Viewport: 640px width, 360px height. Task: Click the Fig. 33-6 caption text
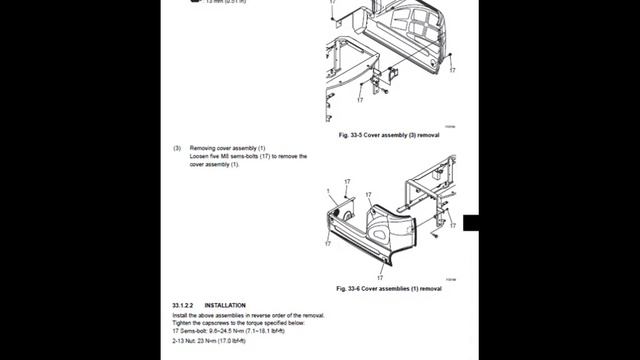pyautogui.click(x=388, y=288)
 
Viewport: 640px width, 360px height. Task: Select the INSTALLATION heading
pyautogui.click(x=225, y=305)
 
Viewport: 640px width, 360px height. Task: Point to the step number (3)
pyautogui.click(x=177, y=148)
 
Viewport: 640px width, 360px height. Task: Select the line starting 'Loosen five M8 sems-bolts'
pyautogui.click(x=248, y=156)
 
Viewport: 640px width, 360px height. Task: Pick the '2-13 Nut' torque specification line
pyautogui.click(x=214, y=342)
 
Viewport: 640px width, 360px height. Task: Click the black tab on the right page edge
pyautogui.click(x=470, y=222)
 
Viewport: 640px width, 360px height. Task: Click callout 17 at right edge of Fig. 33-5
pyautogui.click(x=452, y=71)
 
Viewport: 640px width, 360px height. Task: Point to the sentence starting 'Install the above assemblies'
pyautogui.click(x=248, y=315)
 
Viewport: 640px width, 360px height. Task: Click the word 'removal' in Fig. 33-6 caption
pyautogui.click(x=429, y=288)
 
